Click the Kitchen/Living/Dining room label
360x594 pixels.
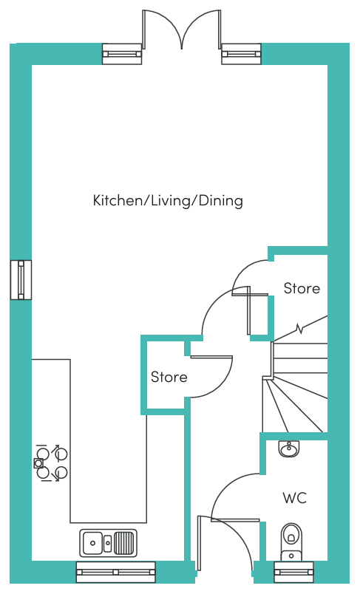[168, 200]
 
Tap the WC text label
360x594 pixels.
[294, 498]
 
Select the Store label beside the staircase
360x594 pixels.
[302, 288]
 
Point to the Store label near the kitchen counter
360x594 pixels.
[169, 377]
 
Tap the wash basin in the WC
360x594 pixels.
[290, 449]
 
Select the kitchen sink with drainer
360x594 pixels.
[108, 543]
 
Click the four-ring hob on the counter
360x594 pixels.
[52, 463]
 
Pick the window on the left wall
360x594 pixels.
[21, 280]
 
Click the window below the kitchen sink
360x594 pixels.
[115, 572]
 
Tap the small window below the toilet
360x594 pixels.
[293, 572]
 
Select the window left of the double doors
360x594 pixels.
[122, 54]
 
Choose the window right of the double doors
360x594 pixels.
[242, 54]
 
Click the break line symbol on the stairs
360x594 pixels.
[301, 329]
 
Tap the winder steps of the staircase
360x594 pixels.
[295, 404]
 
